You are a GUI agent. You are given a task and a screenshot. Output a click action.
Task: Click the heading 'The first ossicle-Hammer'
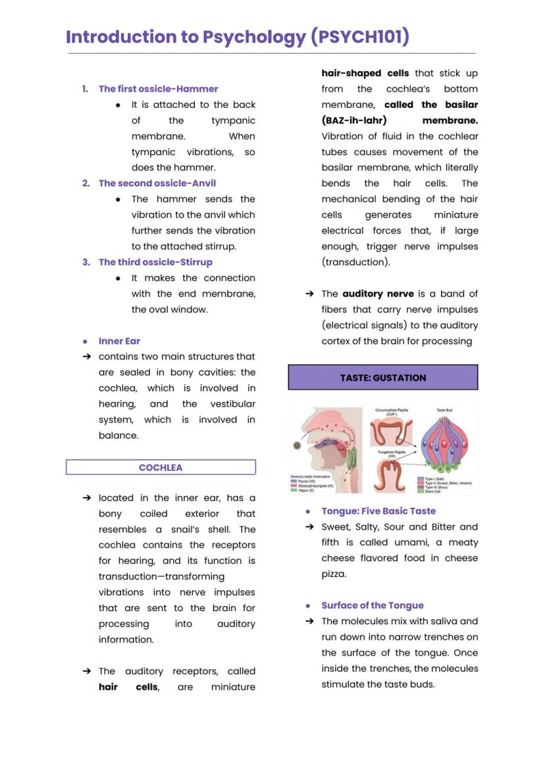[x=158, y=89]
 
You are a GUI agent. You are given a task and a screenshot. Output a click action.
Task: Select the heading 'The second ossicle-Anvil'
[x=157, y=184]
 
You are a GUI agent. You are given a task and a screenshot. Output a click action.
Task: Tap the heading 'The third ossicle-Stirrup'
[x=155, y=262]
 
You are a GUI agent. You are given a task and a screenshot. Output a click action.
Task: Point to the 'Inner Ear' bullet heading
[x=119, y=341]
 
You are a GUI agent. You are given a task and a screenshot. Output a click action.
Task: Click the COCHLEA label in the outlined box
[x=161, y=468]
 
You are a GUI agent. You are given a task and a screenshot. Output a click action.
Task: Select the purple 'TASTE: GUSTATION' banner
[x=383, y=378]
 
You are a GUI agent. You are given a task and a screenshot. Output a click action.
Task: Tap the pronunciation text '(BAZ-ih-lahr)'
[x=353, y=120]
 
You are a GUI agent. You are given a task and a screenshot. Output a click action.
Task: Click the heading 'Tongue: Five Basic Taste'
[x=378, y=511]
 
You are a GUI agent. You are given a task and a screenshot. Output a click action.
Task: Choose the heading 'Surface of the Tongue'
[x=373, y=606]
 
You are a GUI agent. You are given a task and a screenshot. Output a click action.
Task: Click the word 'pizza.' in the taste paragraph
[x=334, y=574]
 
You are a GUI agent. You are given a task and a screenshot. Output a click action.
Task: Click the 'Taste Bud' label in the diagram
[x=445, y=410]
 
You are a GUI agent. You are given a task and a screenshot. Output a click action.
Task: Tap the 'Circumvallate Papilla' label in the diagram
[x=392, y=410]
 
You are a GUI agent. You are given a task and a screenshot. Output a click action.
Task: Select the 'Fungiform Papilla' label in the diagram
[x=392, y=453]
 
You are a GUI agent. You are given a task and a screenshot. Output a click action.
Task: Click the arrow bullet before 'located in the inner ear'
[x=86, y=498]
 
